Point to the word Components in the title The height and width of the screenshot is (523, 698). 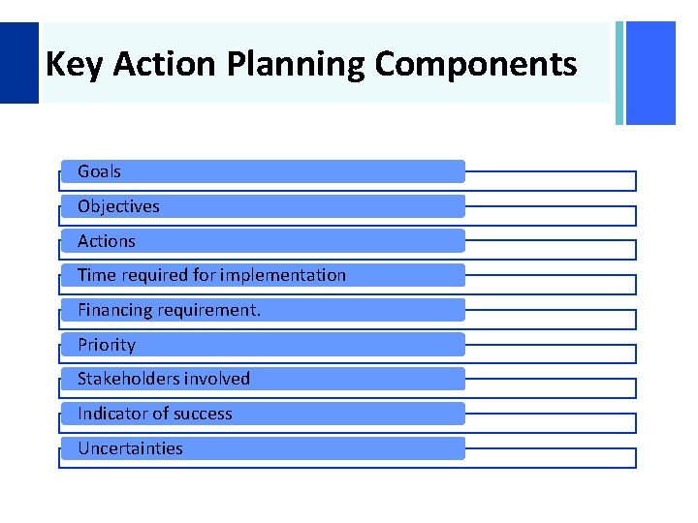coord(475,66)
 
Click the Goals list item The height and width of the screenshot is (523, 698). coord(99,171)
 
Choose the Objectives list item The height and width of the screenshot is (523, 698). coord(118,206)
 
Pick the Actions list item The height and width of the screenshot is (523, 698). coord(107,241)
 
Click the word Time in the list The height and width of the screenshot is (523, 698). coord(96,275)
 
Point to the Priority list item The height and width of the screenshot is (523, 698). coord(107,345)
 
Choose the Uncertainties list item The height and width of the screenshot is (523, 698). coord(130,448)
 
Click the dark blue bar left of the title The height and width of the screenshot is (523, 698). coord(18,62)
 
